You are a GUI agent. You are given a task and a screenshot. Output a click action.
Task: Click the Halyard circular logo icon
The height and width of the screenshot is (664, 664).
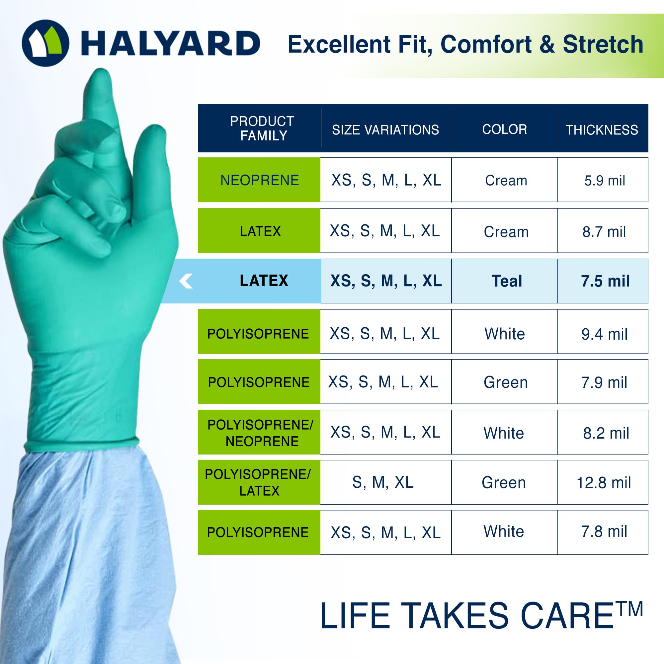pyautogui.click(x=45, y=43)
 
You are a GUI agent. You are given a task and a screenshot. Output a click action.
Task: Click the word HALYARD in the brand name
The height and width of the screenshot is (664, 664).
pyautogui.click(x=170, y=43)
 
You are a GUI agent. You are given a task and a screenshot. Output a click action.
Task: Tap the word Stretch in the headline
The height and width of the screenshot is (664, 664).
pyautogui.click(x=603, y=44)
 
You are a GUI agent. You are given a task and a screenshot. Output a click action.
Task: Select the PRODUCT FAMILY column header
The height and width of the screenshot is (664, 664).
pyautogui.click(x=262, y=128)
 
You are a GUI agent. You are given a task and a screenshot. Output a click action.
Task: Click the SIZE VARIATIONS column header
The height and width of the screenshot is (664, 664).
pyautogui.click(x=385, y=130)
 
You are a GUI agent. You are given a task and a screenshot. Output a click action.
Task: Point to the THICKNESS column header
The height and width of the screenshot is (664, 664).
pyautogui.click(x=602, y=130)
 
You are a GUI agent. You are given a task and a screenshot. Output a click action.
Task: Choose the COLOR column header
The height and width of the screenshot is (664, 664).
pyautogui.click(x=504, y=129)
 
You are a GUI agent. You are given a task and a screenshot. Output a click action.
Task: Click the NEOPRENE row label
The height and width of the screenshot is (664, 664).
pyautogui.click(x=260, y=180)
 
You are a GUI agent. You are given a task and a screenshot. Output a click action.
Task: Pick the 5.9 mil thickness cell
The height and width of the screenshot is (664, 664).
pyautogui.click(x=605, y=180)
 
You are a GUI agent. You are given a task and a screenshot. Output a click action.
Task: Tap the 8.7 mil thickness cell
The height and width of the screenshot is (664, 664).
pyautogui.click(x=604, y=232)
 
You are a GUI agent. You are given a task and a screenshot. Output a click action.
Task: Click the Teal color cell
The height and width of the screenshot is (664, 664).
pyautogui.click(x=507, y=281)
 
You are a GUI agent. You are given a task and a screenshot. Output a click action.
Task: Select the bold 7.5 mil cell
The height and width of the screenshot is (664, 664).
pyautogui.click(x=605, y=281)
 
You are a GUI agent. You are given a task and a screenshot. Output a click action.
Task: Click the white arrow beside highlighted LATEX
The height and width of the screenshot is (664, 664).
pyautogui.click(x=186, y=281)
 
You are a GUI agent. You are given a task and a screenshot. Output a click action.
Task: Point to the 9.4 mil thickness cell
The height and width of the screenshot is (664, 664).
pyautogui.click(x=604, y=334)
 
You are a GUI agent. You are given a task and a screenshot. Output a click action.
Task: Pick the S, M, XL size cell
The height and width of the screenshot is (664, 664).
pyautogui.click(x=382, y=482)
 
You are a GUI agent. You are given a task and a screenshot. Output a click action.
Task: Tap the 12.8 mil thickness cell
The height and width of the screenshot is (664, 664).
pyautogui.click(x=604, y=482)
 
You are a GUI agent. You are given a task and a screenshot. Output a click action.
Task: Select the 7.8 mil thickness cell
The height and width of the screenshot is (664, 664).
pyautogui.click(x=604, y=531)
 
